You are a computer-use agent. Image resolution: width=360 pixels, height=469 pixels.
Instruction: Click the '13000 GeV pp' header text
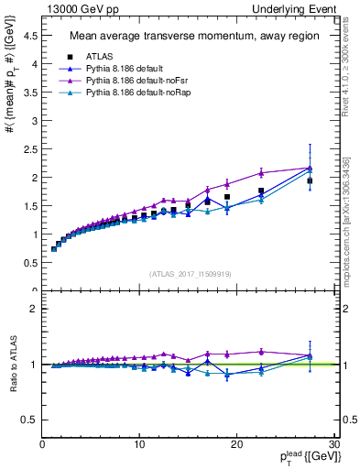tap(75, 8)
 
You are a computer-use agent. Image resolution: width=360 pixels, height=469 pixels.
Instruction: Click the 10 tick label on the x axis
tap(139, 443)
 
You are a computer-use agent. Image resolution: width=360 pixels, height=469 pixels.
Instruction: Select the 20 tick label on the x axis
tap(236, 443)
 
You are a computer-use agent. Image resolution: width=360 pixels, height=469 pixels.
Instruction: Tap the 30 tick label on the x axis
tap(333, 443)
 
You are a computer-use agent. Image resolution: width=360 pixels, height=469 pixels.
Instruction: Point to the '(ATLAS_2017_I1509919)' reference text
tap(189, 272)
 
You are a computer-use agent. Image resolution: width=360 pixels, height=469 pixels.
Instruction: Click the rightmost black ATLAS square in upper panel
tap(310, 181)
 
